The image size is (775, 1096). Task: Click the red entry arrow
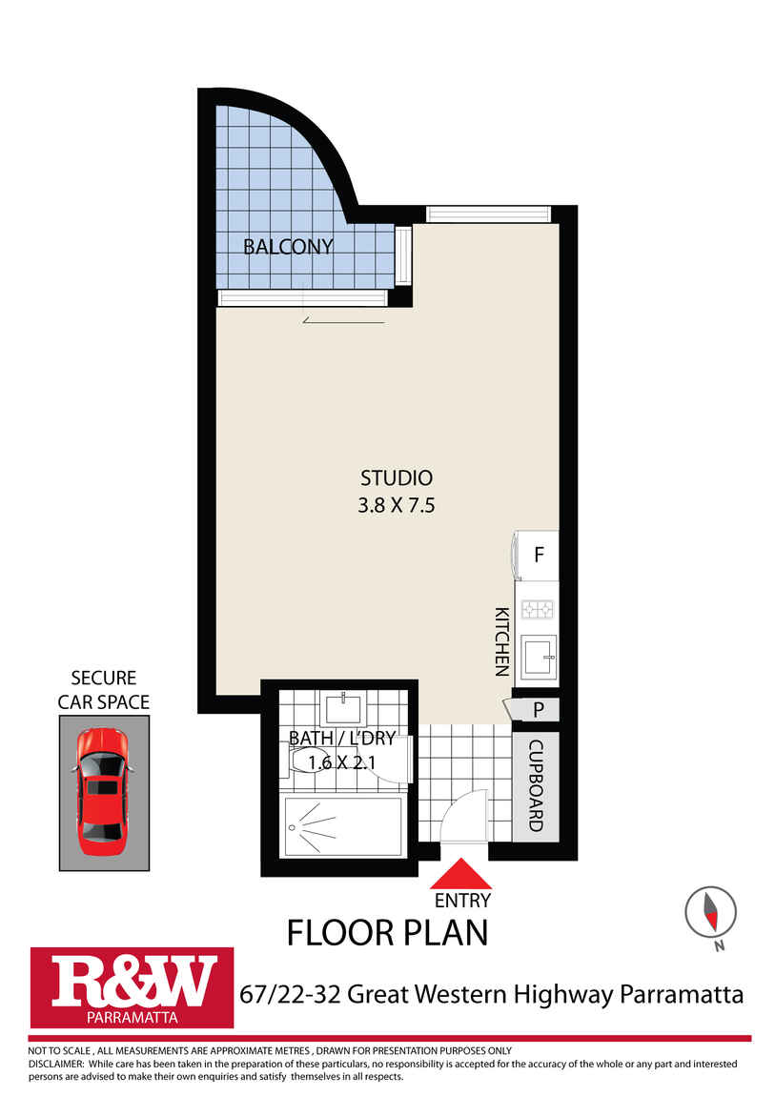tap(461, 875)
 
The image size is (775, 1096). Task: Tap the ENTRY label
tap(461, 900)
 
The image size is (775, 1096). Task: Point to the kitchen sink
tap(537, 655)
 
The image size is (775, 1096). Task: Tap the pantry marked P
tap(537, 710)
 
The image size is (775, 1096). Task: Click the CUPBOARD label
tap(536, 785)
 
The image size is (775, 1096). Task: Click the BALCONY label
tap(288, 247)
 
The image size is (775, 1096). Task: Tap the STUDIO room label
tap(396, 478)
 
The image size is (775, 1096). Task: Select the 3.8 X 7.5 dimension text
tap(396, 506)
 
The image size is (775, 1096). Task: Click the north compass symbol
tap(710, 913)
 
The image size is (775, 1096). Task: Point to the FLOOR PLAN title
tap(387, 931)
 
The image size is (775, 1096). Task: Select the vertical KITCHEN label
tap(501, 641)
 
